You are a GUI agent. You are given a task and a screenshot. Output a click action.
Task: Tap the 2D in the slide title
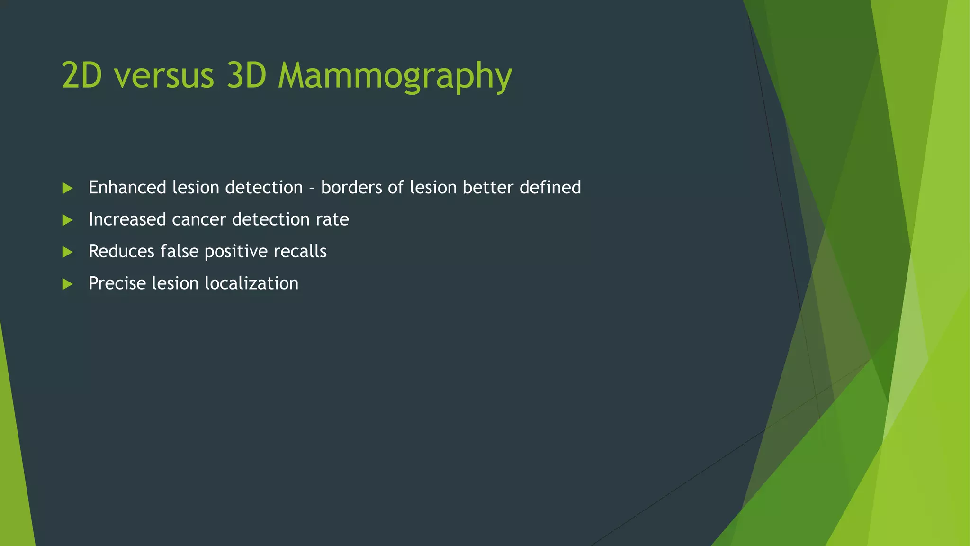(x=81, y=76)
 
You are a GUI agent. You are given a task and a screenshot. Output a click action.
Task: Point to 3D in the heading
(x=246, y=76)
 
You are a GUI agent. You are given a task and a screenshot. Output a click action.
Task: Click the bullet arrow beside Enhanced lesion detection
(x=67, y=188)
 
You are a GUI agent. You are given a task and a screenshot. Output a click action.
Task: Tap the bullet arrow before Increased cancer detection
(x=67, y=220)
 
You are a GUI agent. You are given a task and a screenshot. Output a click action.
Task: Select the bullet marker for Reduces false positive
(x=67, y=252)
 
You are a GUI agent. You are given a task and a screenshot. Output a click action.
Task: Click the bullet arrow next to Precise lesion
(x=67, y=284)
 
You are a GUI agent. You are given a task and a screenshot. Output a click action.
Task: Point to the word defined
(x=550, y=188)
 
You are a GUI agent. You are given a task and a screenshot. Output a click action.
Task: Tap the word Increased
(x=127, y=219)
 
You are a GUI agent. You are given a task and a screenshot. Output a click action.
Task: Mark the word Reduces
(x=121, y=251)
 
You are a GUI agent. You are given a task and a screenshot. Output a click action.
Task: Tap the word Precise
(x=117, y=283)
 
